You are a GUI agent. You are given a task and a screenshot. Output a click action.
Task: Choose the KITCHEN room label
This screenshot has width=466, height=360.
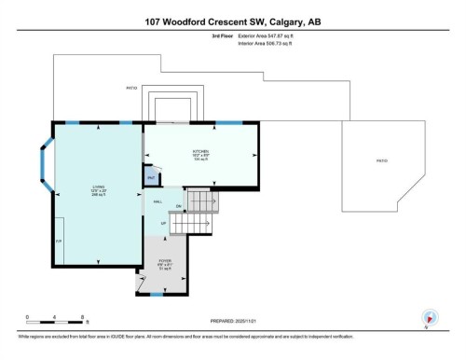(x=200, y=152)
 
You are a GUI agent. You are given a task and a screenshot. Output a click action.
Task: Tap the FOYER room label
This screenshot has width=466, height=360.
(x=164, y=264)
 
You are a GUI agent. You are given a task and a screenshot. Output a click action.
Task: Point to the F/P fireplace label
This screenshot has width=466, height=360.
(x=58, y=241)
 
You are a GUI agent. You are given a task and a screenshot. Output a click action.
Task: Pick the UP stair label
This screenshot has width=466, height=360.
(x=164, y=224)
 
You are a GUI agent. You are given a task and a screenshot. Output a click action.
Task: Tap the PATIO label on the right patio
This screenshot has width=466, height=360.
(x=381, y=160)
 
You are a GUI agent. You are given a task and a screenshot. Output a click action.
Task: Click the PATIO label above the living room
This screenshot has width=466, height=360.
(x=131, y=90)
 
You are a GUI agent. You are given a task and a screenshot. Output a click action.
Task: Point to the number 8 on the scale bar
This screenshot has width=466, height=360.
(x=84, y=316)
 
